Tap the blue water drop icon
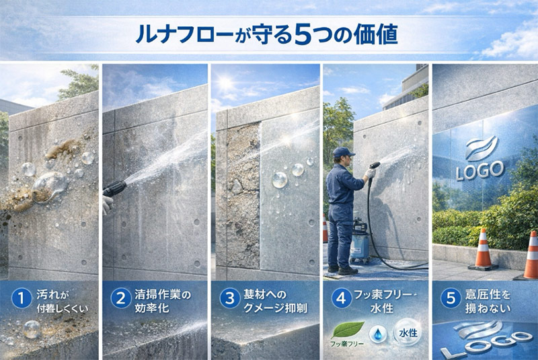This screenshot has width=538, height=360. coord(378,332)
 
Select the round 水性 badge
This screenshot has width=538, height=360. coord(408,332)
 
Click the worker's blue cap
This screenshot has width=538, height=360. coord(344,153)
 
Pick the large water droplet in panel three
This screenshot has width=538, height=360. coord(280,181)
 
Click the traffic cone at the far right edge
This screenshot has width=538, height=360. coord(531,255)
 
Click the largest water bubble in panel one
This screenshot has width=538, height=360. coord(51,184)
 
